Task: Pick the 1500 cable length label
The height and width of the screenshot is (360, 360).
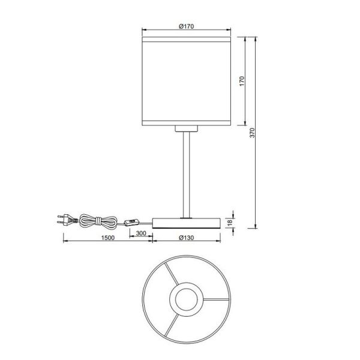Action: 108,238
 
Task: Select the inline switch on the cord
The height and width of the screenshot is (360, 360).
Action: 130,223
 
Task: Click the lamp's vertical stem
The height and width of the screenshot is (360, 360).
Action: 186,174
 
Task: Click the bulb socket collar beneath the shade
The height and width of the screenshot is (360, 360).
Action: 186,128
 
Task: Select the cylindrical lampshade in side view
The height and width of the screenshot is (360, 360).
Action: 186,81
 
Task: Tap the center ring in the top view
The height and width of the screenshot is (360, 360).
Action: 186,299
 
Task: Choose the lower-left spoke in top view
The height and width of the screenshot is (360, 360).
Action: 170,323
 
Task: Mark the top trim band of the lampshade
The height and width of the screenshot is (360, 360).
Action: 186,40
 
